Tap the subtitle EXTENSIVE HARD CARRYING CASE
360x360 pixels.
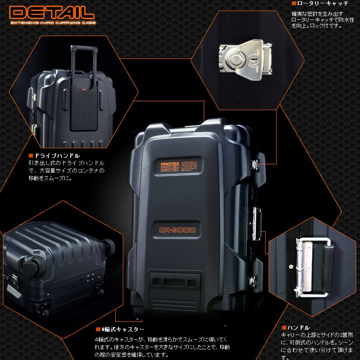point(53,23)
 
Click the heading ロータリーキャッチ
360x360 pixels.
point(322,3)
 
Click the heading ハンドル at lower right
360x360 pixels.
point(299,327)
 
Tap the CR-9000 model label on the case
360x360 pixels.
point(177,230)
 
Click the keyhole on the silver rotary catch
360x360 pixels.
point(255,61)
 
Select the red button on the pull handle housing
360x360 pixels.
point(83,90)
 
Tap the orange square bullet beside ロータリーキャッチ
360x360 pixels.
point(294,3)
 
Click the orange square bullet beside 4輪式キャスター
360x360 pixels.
point(97,329)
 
